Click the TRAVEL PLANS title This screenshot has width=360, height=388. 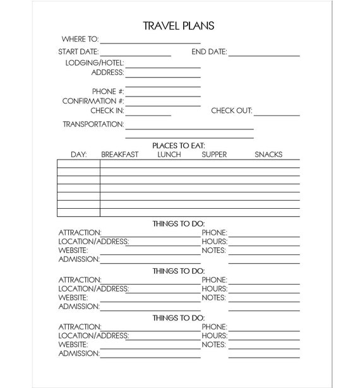click(x=179, y=26)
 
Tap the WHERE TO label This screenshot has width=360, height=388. click(x=80, y=39)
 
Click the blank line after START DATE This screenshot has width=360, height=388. click(x=135, y=55)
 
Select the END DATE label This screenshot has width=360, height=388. click(x=209, y=52)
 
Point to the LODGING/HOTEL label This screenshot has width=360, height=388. click(x=95, y=63)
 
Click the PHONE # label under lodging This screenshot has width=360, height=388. click(x=107, y=91)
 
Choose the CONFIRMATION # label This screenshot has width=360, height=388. click(x=93, y=101)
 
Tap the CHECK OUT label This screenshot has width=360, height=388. click(x=231, y=111)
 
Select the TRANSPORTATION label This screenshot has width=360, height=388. click(x=93, y=124)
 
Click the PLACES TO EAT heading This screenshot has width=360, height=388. click(x=179, y=146)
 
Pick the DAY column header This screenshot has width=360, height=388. click(x=78, y=155)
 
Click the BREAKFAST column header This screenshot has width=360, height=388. click(x=119, y=155)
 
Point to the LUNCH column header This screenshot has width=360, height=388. click(x=169, y=155)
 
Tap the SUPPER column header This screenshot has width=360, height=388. click(x=214, y=155)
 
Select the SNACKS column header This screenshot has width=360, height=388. click(x=268, y=155)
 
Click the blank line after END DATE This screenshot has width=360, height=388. click(x=264, y=55)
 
